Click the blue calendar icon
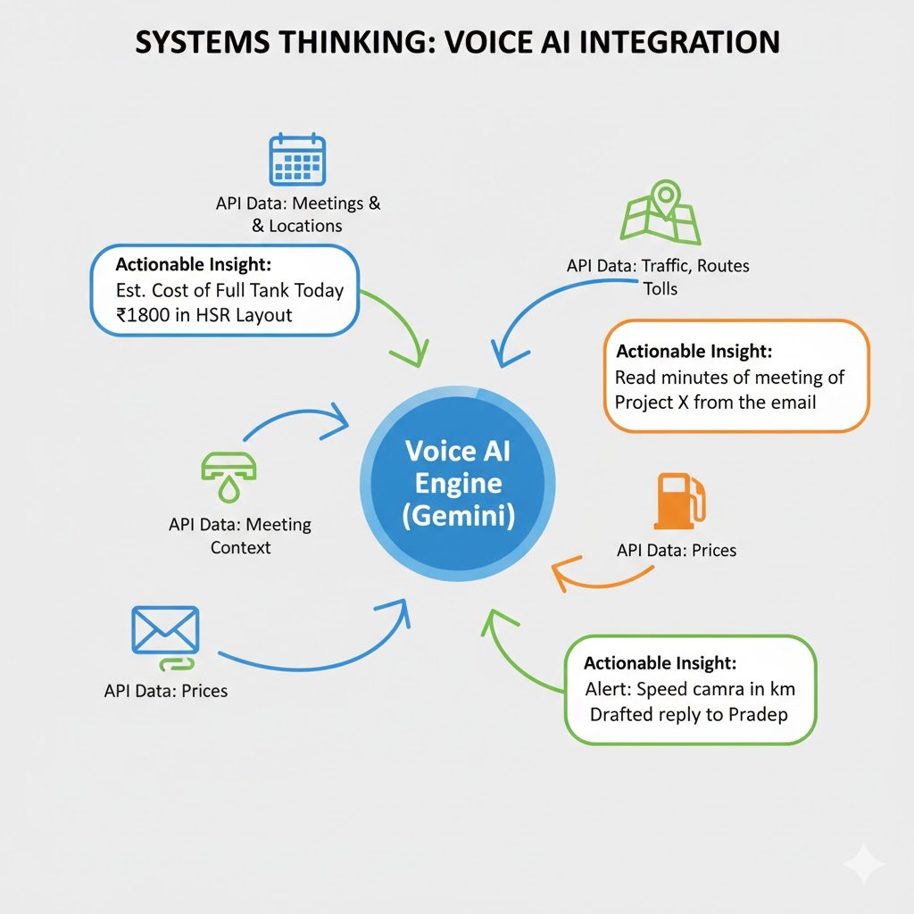coord(297,159)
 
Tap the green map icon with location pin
coord(661,212)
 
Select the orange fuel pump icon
coord(680,501)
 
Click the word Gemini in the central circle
coord(459,516)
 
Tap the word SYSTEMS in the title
coord(203,43)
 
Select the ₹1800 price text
coord(143,315)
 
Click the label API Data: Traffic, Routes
coord(658,266)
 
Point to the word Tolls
coord(661,288)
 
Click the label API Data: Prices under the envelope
coord(165,691)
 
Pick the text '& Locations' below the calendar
coord(296,226)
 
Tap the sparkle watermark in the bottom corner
coord(864,863)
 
